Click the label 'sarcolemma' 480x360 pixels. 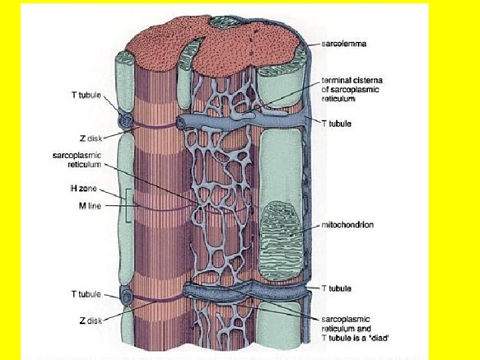[344, 44]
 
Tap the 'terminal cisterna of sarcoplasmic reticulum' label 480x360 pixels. [352, 89]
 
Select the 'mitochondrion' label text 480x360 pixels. [347, 225]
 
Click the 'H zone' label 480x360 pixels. [84, 189]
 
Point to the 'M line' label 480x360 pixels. [85, 206]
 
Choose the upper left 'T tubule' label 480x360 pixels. [86, 95]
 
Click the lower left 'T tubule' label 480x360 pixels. [86, 294]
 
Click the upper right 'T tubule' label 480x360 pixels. [336, 124]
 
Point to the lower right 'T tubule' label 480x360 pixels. [336, 289]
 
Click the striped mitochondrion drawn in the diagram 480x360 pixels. [283, 230]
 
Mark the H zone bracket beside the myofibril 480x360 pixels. [127, 206]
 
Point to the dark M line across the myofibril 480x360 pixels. [160, 209]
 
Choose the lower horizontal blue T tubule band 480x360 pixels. [247, 291]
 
